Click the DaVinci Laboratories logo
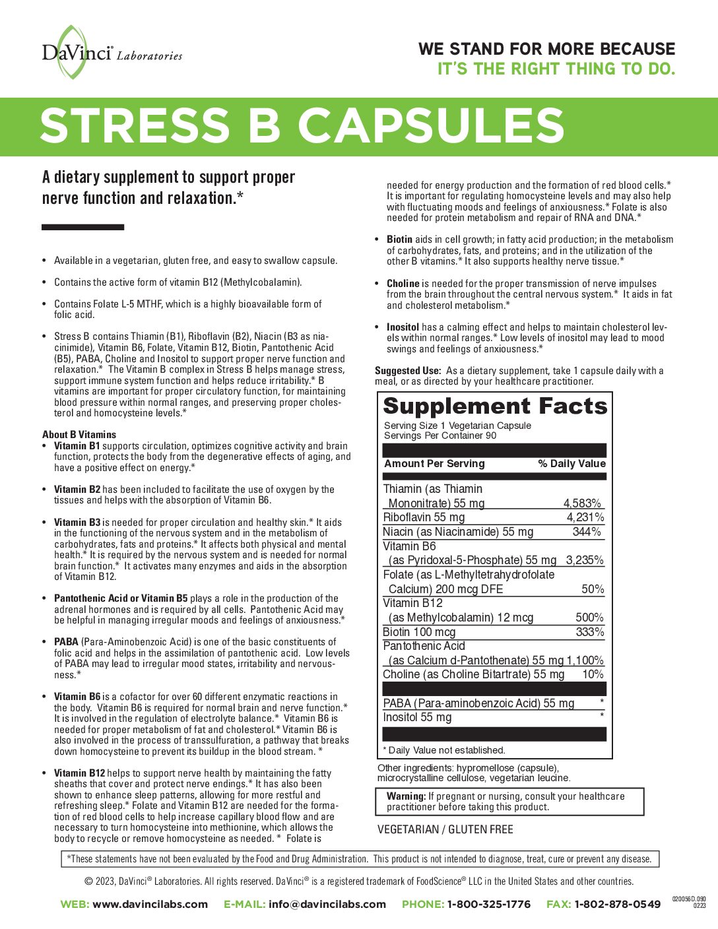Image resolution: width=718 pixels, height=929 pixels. pos(111,52)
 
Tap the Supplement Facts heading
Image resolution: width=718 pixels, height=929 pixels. pos(494,406)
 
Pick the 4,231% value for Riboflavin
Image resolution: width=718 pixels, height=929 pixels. pos(585,517)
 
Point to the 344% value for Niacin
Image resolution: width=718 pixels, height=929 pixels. pos(587,532)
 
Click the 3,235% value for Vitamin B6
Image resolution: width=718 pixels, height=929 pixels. pos(584,560)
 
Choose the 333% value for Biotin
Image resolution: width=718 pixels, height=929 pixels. pos(589,632)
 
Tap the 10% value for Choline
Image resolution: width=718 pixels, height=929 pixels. pos(593,674)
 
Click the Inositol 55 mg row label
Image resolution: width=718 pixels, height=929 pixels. pos(417,717)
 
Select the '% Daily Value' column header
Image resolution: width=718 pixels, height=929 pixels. pos(571,464)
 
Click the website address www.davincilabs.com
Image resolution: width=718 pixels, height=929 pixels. pos(150,905)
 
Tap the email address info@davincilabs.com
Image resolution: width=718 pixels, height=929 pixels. pos(327,905)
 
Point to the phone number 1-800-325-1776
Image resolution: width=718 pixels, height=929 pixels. pos(488,905)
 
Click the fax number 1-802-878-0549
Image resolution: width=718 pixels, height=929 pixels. pos(617,905)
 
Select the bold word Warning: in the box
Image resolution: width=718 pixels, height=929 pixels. pos(406,796)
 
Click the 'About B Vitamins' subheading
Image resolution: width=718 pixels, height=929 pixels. pos(79,435)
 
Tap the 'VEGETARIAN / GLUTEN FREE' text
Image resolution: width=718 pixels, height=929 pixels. pos(445,829)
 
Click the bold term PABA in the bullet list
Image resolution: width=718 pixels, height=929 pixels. pos(66,642)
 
